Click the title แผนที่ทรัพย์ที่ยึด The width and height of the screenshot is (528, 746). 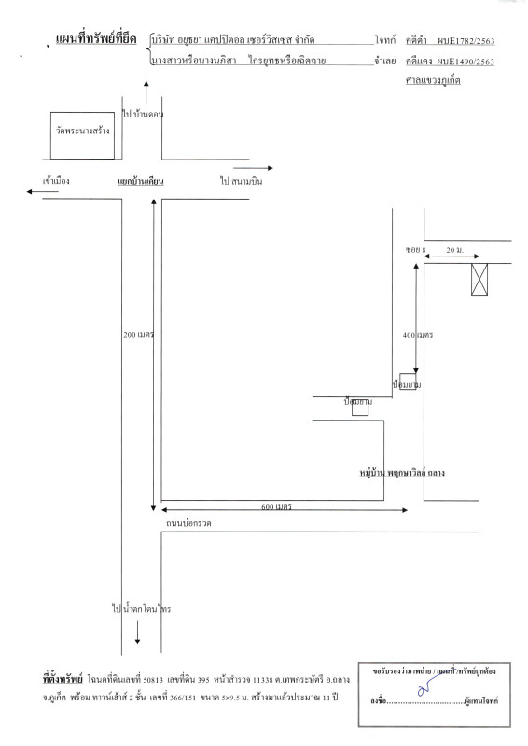[x=96, y=38]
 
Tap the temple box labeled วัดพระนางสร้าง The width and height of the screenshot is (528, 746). [x=82, y=135]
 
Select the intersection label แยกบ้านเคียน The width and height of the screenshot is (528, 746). [x=141, y=181]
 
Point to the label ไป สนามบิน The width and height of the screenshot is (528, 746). [x=241, y=181]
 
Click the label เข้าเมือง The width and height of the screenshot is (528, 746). [x=56, y=181]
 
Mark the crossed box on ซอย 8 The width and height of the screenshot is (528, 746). [x=479, y=279]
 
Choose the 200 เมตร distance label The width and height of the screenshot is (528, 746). [x=139, y=335]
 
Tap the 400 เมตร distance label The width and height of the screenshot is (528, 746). [x=418, y=335]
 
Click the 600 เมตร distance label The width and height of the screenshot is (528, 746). [x=276, y=506]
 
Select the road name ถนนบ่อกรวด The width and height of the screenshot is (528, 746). [x=188, y=523]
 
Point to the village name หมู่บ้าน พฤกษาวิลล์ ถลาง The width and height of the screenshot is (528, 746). [x=402, y=473]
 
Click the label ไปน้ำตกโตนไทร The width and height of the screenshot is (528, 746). [x=142, y=609]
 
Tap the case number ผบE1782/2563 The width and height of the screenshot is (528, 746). [x=466, y=41]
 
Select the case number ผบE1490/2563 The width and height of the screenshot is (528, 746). [x=466, y=62]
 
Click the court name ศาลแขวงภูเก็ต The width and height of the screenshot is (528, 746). [x=433, y=80]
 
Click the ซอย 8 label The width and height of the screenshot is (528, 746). [x=416, y=250]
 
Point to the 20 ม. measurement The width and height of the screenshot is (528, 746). [x=454, y=250]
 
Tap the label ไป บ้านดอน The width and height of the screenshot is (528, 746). [x=143, y=114]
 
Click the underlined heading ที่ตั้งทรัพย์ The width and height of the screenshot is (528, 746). [x=63, y=679]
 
